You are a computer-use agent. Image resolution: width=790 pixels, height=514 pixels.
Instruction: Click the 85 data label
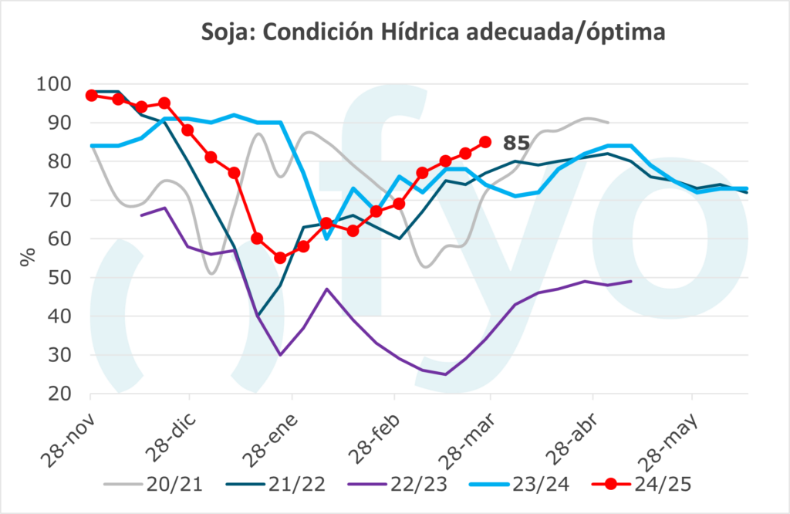(x=516, y=143)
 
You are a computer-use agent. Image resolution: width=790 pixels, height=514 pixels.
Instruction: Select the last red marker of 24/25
(x=485, y=142)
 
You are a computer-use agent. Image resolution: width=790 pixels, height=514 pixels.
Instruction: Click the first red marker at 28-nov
(x=91, y=95)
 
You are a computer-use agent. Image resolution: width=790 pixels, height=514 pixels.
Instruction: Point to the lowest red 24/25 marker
(x=280, y=259)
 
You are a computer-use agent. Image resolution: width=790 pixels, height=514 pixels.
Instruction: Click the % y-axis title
(x=28, y=256)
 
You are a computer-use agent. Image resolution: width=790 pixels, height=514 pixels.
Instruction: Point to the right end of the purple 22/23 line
(x=632, y=281)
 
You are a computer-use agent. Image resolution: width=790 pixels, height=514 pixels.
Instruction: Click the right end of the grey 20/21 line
(x=609, y=123)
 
